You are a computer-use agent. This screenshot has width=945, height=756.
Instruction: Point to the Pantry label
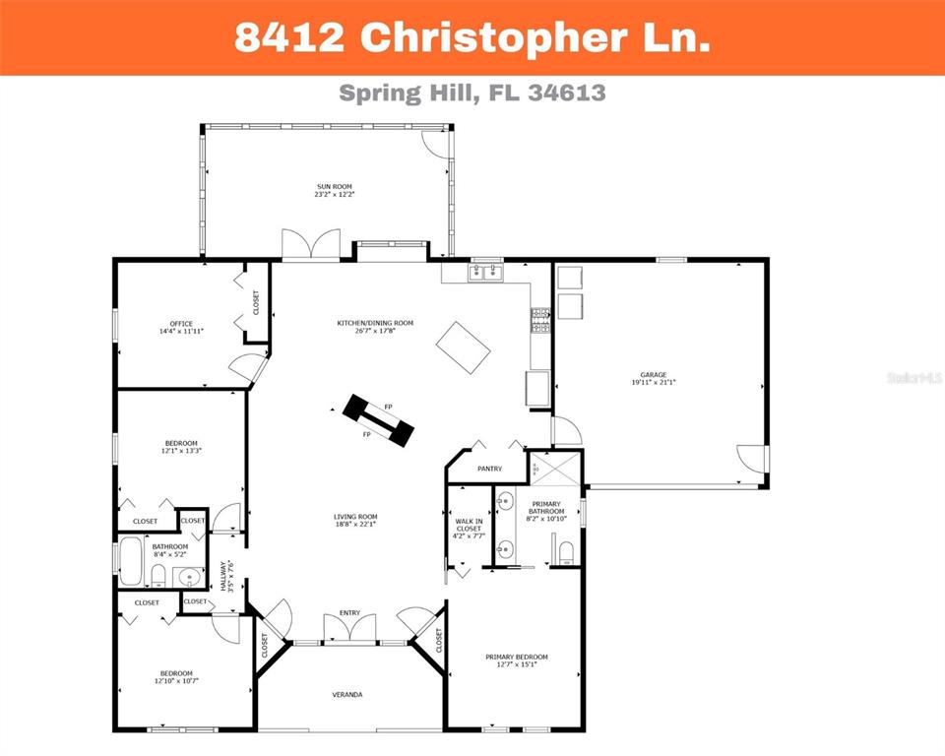(489, 469)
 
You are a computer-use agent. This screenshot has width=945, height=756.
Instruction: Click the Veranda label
(346, 695)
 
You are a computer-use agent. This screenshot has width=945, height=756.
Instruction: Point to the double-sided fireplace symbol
(379, 420)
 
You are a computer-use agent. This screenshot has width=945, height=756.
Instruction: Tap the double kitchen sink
(486, 272)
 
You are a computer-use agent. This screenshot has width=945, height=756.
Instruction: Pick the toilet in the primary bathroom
(565, 552)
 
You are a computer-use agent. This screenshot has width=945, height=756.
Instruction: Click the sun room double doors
(310, 245)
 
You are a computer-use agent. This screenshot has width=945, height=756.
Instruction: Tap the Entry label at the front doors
(349, 613)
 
